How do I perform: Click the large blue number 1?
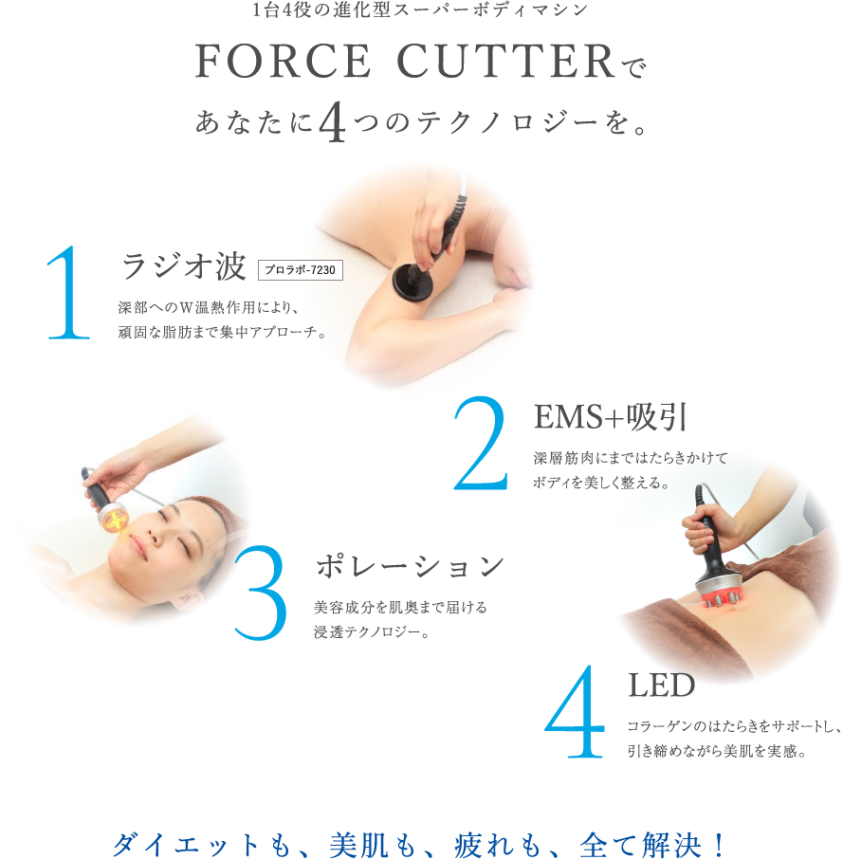pyautogui.click(x=69, y=293)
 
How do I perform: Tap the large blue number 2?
pyautogui.click(x=481, y=443)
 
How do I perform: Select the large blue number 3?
pyautogui.click(x=261, y=593)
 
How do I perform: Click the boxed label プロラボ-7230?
pyautogui.click(x=301, y=270)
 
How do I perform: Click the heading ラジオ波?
pyautogui.click(x=183, y=266)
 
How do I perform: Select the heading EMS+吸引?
pyautogui.click(x=610, y=417)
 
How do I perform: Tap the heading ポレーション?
pyautogui.click(x=410, y=566)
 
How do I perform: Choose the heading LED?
pyautogui.click(x=661, y=685)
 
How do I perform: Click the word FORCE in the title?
pyautogui.click(x=283, y=61)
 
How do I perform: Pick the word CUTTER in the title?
pyautogui.click(x=506, y=61)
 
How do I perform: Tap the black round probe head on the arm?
pyautogui.click(x=412, y=280)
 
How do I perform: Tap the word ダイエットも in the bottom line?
pyautogui.click(x=202, y=844)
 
